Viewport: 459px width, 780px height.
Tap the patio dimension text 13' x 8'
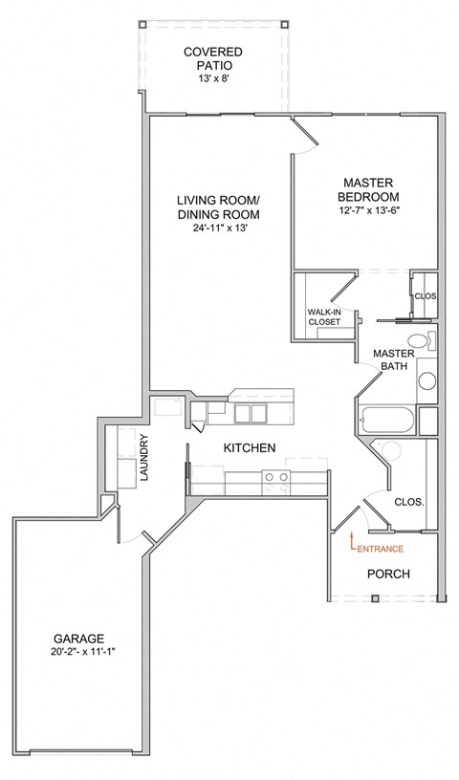pos(213,80)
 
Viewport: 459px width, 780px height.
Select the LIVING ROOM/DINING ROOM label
pos(218,207)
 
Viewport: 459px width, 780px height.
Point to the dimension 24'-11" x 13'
pos(218,229)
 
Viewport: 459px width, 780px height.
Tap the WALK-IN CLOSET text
pos(323,317)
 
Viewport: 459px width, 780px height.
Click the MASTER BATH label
pos(392,358)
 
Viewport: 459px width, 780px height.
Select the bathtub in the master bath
pos(387,419)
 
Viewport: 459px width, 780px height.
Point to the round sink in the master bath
pos(426,379)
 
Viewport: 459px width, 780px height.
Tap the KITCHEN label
pos(250,448)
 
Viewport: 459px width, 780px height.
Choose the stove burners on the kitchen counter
pos(277,477)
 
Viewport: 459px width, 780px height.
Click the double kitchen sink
pos(250,412)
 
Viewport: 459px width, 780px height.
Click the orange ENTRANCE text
pos(381,549)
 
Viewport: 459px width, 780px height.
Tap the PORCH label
pos(388,574)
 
